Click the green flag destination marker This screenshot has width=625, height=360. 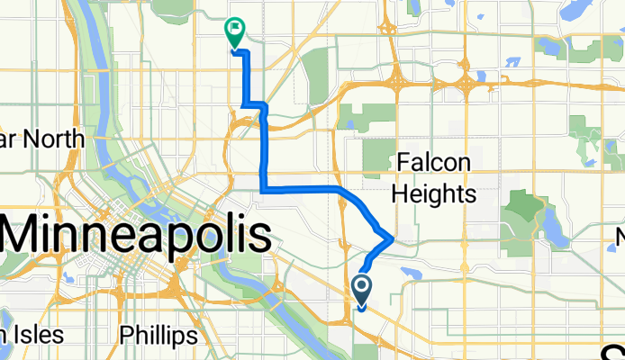(236, 32)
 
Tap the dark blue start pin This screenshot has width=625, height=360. (362, 290)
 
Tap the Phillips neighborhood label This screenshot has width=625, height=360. (159, 336)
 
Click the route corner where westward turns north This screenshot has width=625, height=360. (262, 189)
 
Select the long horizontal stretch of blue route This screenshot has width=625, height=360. (302, 189)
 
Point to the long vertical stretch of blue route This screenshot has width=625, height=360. (262, 148)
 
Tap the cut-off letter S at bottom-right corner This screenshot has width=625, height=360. (617, 352)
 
